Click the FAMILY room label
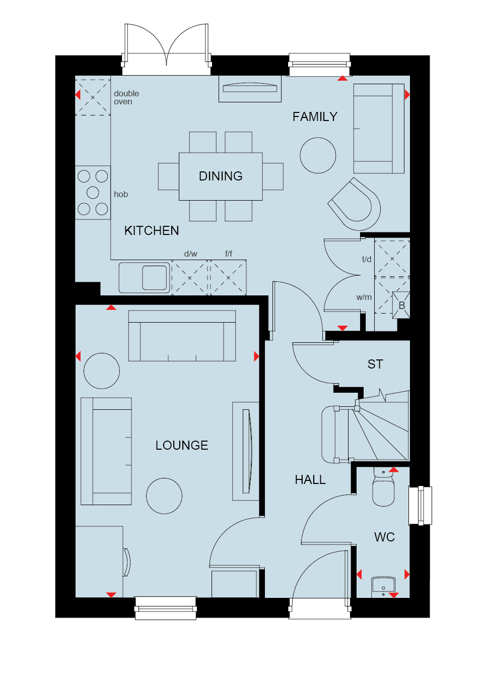point(315,116)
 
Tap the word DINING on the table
point(221,176)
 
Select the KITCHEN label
point(152,231)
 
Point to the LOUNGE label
point(182,445)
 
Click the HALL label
point(310,480)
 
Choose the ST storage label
point(375,364)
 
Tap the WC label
point(384,537)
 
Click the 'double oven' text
point(126,97)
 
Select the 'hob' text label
point(121,195)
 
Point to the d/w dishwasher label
point(190,254)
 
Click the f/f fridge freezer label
point(229,254)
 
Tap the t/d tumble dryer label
point(367,259)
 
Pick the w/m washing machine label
point(364,297)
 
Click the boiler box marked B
point(401,305)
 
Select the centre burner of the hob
point(93,192)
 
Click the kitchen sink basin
point(154,278)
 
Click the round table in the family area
point(318,155)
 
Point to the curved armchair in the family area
point(355,204)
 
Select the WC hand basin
point(383,587)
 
